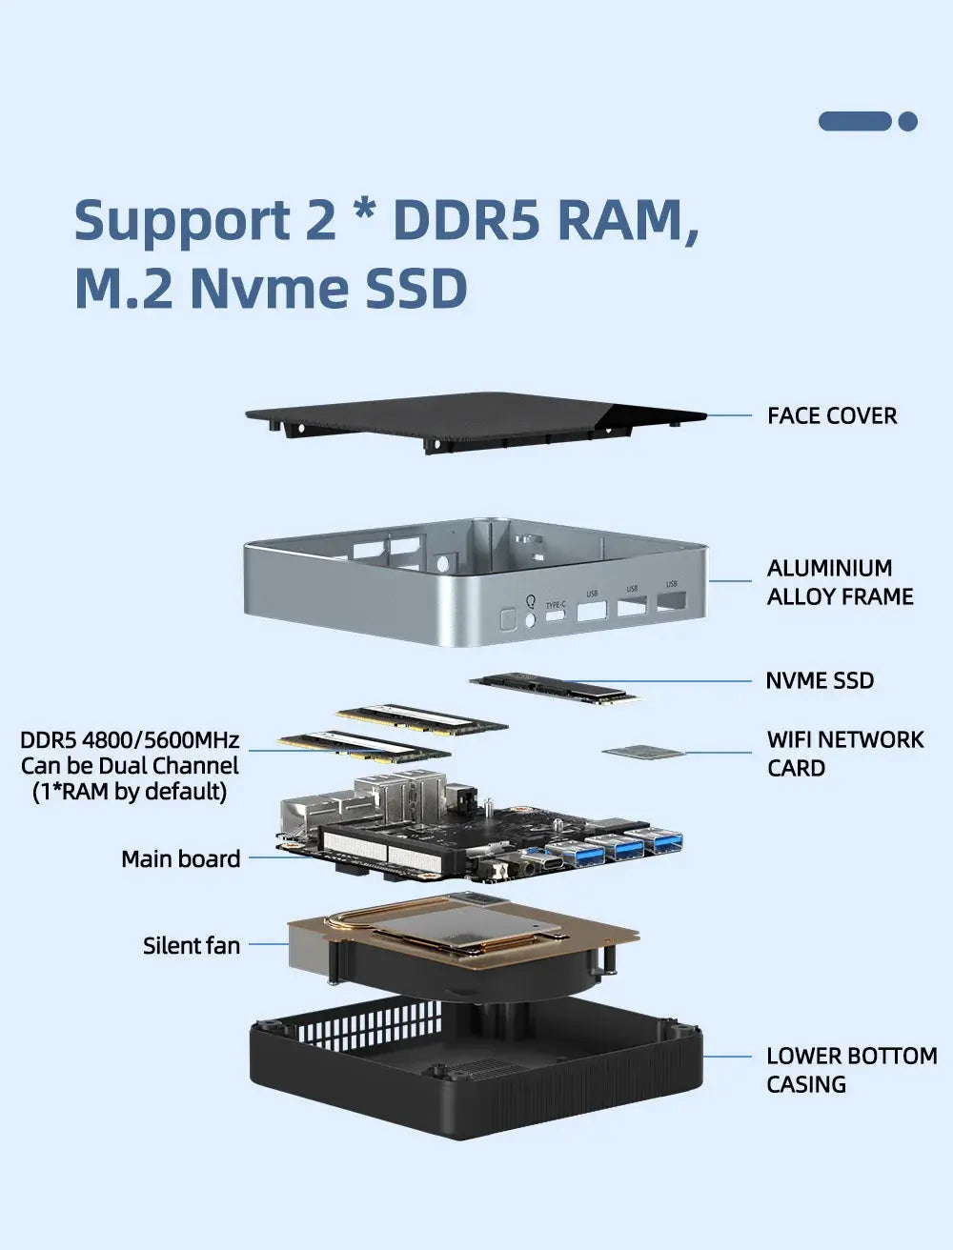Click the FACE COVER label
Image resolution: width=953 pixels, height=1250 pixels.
[831, 415]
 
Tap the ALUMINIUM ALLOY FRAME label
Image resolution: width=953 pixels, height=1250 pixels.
[840, 582]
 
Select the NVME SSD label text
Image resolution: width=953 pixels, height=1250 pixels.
[820, 680]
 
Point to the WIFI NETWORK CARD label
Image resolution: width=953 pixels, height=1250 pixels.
[844, 754]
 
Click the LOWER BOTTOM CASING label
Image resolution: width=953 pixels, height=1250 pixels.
[851, 1070]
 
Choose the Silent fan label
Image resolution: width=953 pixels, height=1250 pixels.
[191, 945]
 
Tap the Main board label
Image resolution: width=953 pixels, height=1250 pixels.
[180, 858]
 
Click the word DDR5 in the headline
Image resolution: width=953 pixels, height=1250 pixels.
[465, 219]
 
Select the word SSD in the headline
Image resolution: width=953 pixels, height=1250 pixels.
[416, 289]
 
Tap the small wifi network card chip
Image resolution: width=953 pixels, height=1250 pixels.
[643, 753]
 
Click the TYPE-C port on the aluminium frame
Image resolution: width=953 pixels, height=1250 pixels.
[555, 616]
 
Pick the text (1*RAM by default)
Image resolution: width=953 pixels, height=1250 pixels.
[130, 791]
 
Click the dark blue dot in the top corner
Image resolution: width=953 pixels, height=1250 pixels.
[907, 121]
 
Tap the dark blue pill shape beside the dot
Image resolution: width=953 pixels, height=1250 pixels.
[855, 121]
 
